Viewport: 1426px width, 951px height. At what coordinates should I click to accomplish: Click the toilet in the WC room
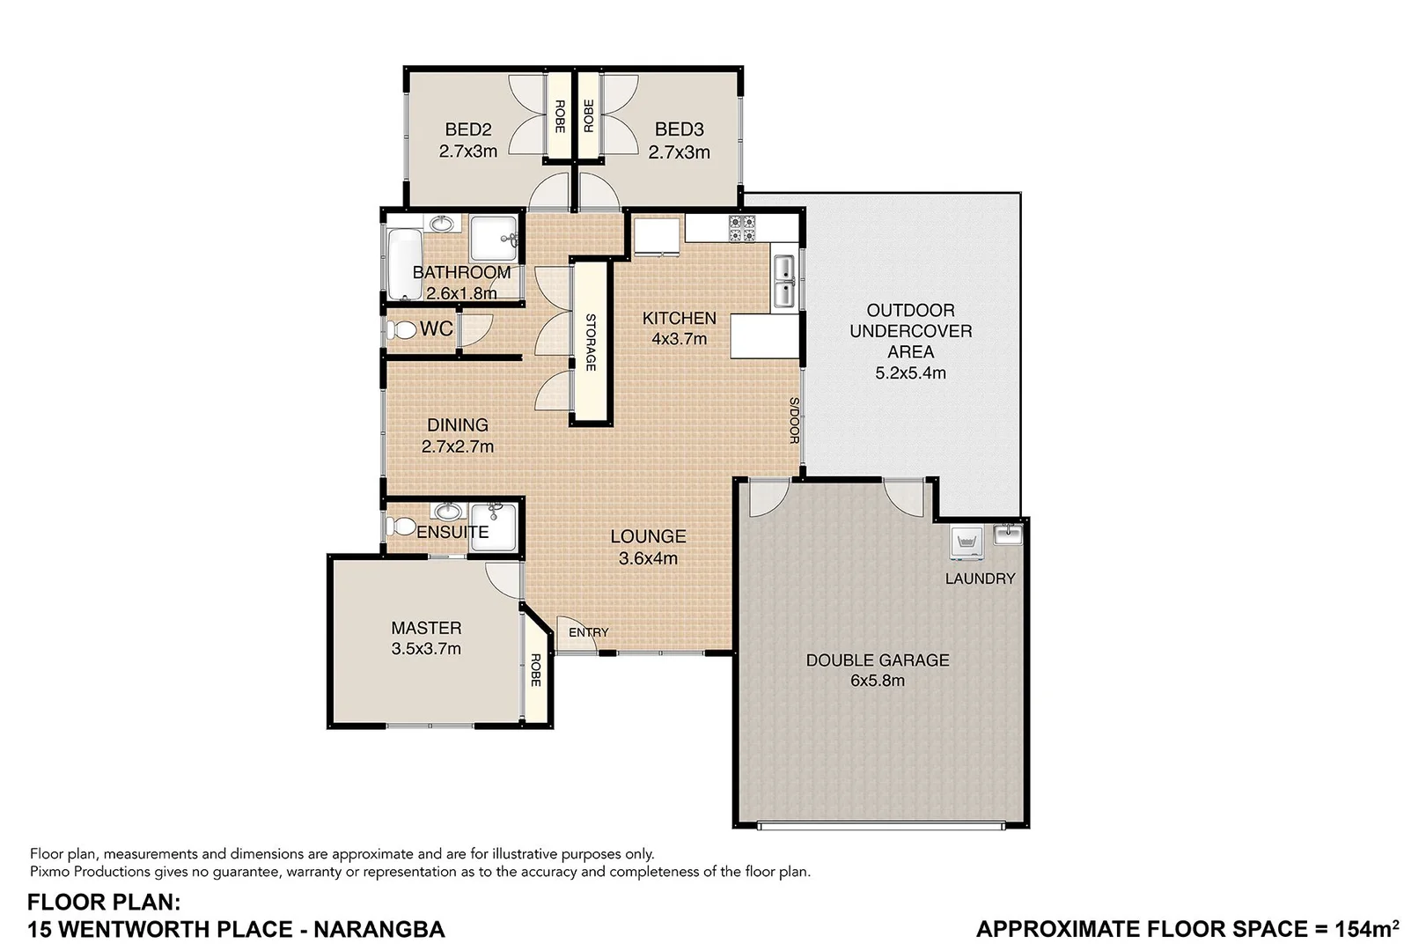pyautogui.click(x=402, y=330)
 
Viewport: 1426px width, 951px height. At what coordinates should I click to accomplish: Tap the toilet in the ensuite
pyautogui.click(x=401, y=526)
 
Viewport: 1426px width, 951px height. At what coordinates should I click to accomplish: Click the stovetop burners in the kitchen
pyautogui.click(x=742, y=229)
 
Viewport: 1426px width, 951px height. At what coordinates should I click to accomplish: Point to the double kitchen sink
pyautogui.click(x=783, y=282)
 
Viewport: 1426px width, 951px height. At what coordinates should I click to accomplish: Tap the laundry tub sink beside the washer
pyautogui.click(x=1007, y=534)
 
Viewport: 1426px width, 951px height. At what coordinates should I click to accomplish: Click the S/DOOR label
pyautogui.click(x=793, y=420)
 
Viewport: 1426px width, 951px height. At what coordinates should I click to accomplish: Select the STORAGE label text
pyautogui.click(x=591, y=343)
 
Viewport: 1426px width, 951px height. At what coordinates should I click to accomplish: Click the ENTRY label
pyautogui.click(x=588, y=632)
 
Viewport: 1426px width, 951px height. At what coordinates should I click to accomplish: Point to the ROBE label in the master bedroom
pyautogui.click(x=534, y=671)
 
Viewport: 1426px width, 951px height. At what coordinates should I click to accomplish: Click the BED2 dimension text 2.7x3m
pyautogui.click(x=468, y=151)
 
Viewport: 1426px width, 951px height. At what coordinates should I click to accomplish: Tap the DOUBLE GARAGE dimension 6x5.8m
pyautogui.click(x=878, y=681)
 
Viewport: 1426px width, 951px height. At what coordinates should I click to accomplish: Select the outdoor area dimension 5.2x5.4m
pyautogui.click(x=910, y=372)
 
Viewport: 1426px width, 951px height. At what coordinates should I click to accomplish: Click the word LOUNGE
pyautogui.click(x=648, y=536)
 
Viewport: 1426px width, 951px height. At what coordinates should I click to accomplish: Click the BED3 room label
pyautogui.click(x=679, y=129)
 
